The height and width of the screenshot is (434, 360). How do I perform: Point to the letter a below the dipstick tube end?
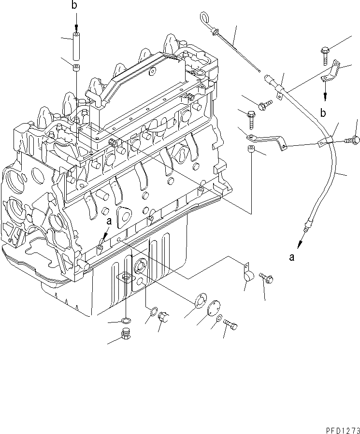click(x=292, y=257)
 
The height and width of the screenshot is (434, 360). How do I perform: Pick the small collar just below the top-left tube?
click(x=76, y=68)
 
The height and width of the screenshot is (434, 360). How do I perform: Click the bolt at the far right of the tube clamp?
click(x=353, y=140)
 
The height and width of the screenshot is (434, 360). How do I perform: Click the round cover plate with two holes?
click(x=213, y=309)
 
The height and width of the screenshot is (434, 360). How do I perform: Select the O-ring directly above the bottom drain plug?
click(x=126, y=321)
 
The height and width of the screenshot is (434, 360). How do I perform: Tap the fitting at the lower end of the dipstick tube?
click(x=306, y=224)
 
